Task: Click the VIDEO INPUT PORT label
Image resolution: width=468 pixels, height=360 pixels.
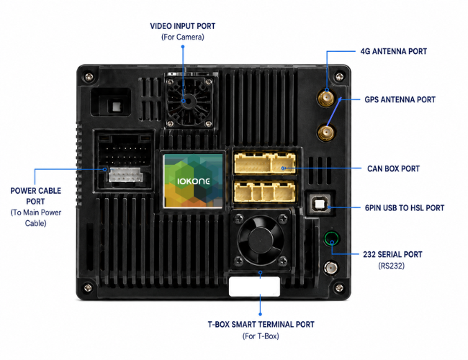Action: click(x=183, y=26)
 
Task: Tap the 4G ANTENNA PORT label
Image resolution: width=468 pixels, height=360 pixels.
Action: click(x=394, y=51)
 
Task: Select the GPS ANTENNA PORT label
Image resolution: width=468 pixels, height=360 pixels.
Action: click(x=400, y=99)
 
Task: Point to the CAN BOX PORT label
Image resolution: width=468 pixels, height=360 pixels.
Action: click(x=393, y=168)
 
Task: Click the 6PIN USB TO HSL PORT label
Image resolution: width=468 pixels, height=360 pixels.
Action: click(x=405, y=208)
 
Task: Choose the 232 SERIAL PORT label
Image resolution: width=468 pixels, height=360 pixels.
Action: click(x=392, y=254)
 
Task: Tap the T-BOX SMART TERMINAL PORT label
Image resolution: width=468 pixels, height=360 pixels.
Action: click(x=261, y=325)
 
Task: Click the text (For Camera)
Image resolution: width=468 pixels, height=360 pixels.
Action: click(x=183, y=37)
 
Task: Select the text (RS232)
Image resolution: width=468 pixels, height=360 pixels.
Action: click(x=391, y=266)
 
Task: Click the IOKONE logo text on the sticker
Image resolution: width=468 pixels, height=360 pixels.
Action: click(x=194, y=181)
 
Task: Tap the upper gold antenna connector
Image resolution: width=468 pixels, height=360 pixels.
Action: click(x=325, y=98)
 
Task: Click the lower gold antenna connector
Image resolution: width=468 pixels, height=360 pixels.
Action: click(x=325, y=132)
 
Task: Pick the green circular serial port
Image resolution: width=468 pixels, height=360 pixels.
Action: click(x=331, y=238)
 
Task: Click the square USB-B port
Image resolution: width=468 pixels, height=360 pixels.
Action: click(x=320, y=204)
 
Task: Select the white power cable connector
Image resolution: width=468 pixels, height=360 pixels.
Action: click(x=125, y=175)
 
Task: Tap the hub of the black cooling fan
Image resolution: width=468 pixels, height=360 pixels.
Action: click(x=259, y=240)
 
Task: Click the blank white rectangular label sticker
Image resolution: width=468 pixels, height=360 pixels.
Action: click(x=254, y=287)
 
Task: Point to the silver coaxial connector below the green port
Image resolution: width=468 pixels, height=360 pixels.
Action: click(x=330, y=268)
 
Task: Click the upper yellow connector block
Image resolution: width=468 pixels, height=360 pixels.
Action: click(x=265, y=163)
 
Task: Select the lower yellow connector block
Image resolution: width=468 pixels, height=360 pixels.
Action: click(x=265, y=192)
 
